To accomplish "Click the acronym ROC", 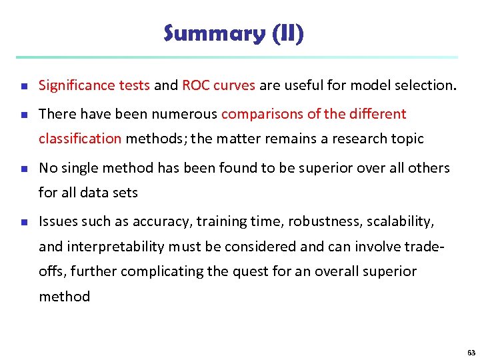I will pyautogui.click(x=197, y=85).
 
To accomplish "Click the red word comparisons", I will pyautogui.click(x=263, y=114).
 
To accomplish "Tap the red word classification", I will pyautogui.click(x=80, y=139).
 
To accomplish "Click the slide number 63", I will pyautogui.click(x=471, y=352).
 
